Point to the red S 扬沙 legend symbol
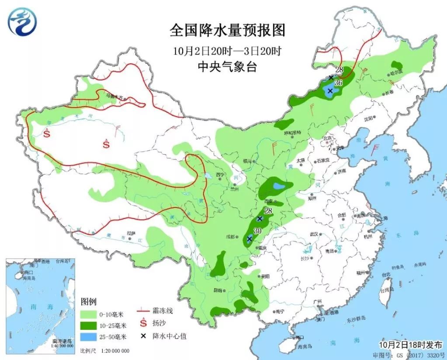142,323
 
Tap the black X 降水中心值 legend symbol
143,336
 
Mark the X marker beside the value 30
249,239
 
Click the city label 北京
328,138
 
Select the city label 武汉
313,235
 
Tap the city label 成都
230,237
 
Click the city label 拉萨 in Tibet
131,233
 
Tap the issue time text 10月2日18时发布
410,345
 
